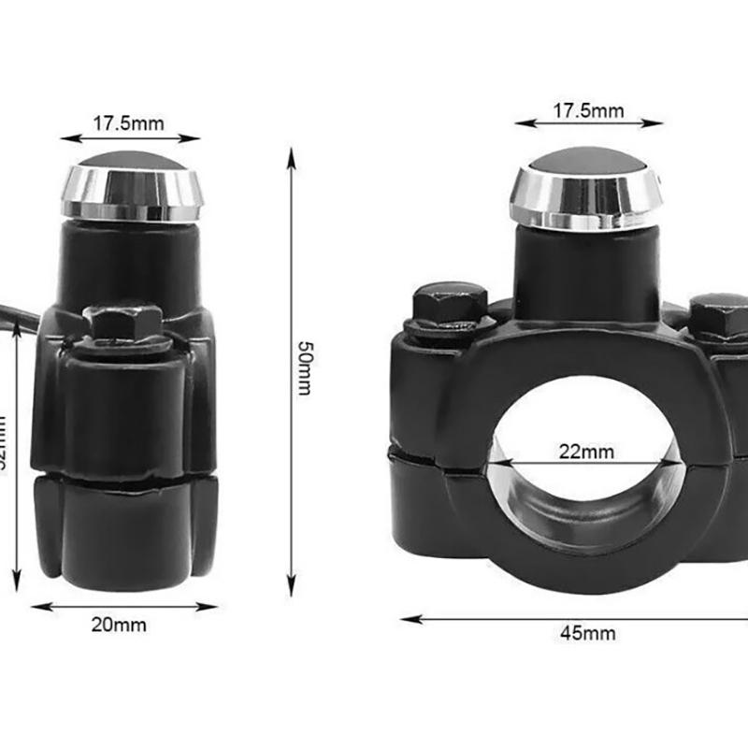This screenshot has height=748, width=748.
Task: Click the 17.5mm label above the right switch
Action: click(x=588, y=110)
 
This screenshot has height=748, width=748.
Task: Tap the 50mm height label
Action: click(x=304, y=367)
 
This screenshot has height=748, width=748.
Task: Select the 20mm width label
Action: click(x=119, y=626)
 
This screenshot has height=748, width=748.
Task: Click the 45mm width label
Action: click(x=588, y=632)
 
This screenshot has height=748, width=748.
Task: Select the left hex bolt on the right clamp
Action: click(x=447, y=305)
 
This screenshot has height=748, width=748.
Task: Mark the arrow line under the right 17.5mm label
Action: click(x=588, y=122)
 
